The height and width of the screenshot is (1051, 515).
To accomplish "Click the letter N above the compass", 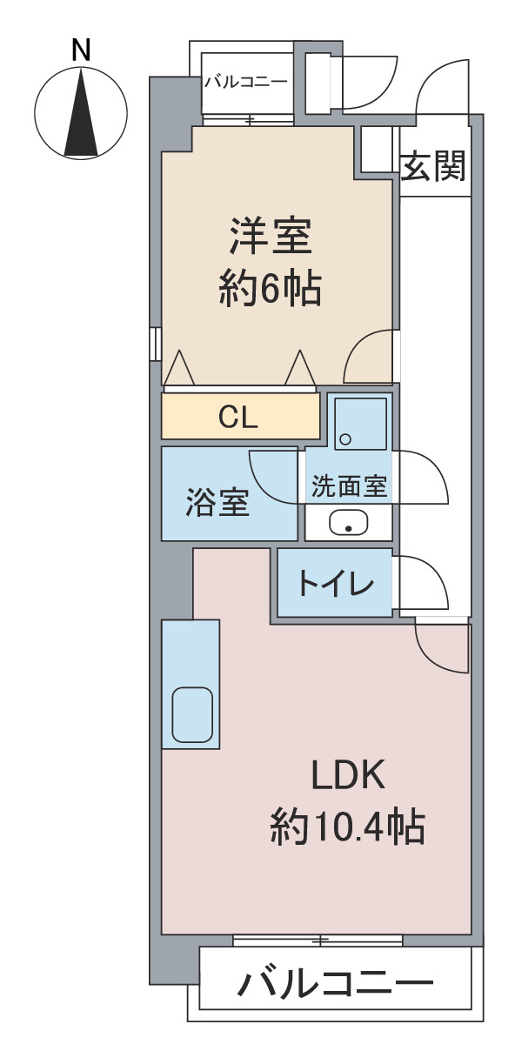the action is (x=81, y=50).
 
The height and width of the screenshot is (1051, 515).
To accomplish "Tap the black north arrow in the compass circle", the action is (x=81, y=112).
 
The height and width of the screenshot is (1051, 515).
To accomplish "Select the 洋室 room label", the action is (x=271, y=236).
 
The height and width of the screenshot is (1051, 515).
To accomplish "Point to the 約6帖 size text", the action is (x=271, y=288).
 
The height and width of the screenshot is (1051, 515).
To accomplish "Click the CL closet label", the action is (x=238, y=417).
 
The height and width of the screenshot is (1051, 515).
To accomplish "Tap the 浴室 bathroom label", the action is (x=217, y=502).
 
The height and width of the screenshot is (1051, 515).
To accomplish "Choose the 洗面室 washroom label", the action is (x=350, y=486).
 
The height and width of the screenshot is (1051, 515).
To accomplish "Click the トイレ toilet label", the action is (x=336, y=584).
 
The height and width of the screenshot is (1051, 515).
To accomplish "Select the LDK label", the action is (x=348, y=774).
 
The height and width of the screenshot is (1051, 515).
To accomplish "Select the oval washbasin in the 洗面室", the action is (x=349, y=522).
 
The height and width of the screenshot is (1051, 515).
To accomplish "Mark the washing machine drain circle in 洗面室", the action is (x=345, y=439).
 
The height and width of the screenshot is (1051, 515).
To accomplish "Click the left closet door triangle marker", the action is (x=179, y=367).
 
